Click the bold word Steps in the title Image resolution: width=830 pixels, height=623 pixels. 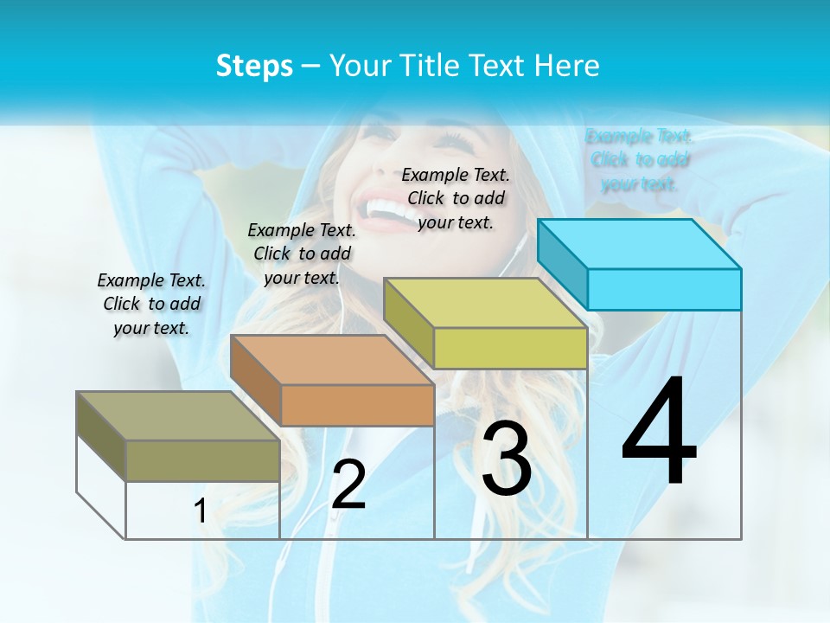tap(254, 66)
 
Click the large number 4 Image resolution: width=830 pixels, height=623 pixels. tap(659, 433)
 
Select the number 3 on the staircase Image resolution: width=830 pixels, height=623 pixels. tap(507, 459)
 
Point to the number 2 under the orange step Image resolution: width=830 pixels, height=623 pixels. tap(349, 485)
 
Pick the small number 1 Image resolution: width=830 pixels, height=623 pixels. tap(200, 511)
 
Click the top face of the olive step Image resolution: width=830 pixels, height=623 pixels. tap(178, 416)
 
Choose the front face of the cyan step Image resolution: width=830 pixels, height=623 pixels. tap(664, 289)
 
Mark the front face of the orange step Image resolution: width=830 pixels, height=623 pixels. tap(357, 405)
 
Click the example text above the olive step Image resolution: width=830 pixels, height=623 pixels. tap(151, 304)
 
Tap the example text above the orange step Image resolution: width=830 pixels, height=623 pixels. tap(302, 254)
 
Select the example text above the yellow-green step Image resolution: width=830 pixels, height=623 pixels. tap(456, 198)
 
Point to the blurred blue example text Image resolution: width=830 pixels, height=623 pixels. tap(639, 159)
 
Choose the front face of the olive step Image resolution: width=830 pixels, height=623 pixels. tap(202, 460)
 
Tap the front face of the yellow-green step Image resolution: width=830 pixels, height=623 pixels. tap(510, 349)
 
